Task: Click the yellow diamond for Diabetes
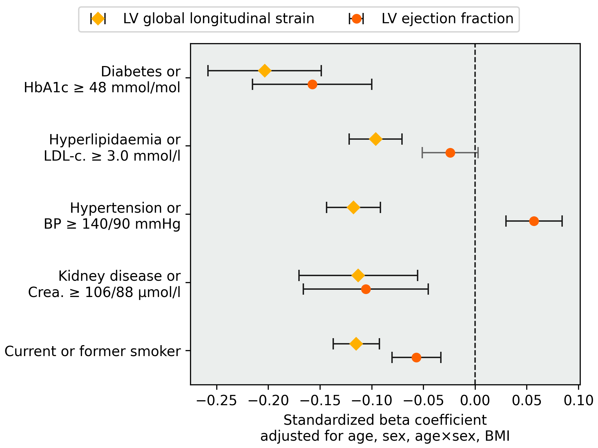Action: tap(265, 71)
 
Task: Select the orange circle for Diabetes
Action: tap(312, 84)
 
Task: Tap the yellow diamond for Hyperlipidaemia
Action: tap(376, 139)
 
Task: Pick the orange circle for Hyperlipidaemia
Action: tap(450, 153)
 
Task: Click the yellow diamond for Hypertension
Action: tap(353, 207)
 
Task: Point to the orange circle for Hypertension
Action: tap(534, 221)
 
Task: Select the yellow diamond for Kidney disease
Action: tap(358, 275)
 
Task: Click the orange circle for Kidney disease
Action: tap(366, 289)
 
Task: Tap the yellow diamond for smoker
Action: tap(356, 344)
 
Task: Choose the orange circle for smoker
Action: tap(416, 357)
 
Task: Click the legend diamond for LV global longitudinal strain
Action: tap(98, 19)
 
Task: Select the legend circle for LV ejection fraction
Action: tap(356, 19)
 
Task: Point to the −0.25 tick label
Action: tap(216, 401)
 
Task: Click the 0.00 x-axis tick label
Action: tap(475, 401)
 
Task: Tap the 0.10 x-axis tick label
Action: tap(578, 401)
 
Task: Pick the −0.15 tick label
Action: tap(320, 401)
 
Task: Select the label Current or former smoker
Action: tap(92, 351)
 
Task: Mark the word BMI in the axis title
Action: tap(497, 436)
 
